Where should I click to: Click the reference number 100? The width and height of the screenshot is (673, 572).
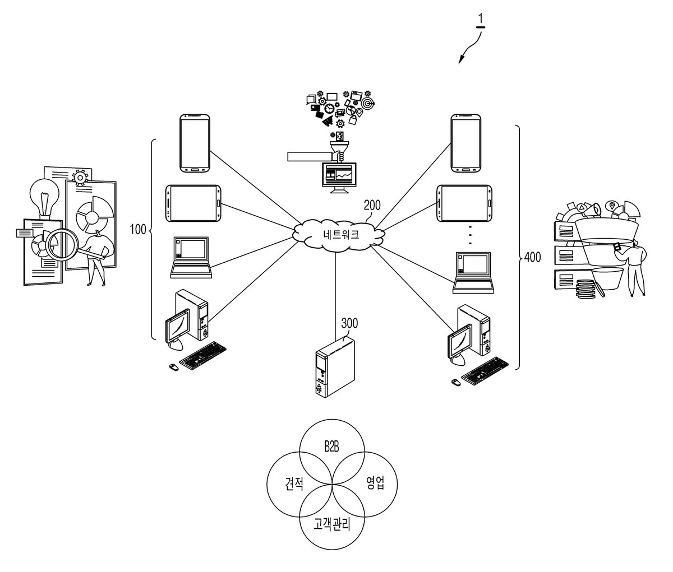(138, 229)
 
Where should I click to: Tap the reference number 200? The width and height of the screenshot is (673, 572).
(372, 205)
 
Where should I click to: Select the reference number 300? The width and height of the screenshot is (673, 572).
(349, 323)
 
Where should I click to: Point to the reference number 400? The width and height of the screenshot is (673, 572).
(532, 257)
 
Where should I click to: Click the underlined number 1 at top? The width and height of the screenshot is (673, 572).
(481, 19)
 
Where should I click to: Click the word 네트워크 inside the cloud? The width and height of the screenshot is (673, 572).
(341, 234)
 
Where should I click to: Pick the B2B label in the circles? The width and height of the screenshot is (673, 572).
(331, 447)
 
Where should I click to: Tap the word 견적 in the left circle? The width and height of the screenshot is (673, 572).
(294, 483)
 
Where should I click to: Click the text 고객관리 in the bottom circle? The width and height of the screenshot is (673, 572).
(332, 524)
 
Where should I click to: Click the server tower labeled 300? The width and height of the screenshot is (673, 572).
(335, 366)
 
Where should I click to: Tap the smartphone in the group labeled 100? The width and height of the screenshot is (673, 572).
(195, 143)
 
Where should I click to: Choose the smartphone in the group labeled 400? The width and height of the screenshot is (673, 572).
(465, 143)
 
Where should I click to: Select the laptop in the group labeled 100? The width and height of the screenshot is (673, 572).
(191, 258)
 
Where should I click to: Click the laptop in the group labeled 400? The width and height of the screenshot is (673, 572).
(473, 272)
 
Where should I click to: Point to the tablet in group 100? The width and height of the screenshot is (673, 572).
(193, 203)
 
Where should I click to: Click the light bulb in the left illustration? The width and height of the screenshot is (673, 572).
(45, 198)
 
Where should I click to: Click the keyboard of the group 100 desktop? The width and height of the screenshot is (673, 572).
(203, 355)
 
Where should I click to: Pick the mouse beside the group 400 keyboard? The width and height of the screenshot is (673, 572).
(456, 382)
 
